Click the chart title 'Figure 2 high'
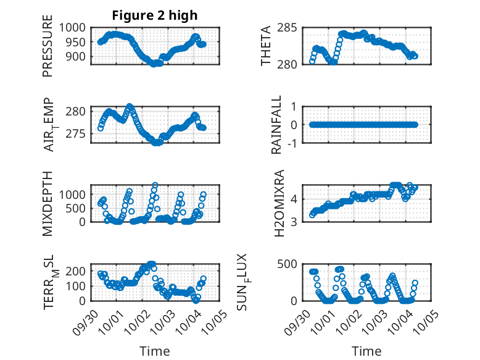pyautogui.click(x=155, y=15)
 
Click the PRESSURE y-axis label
pyautogui.click(x=48, y=50)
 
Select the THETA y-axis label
pyautogui.click(x=266, y=46)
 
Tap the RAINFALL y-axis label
pyautogui.click(x=278, y=125)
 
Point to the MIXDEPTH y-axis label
pyautogui.click(x=48, y=203)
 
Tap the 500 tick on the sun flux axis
pyautogui.click(x=292, y=264)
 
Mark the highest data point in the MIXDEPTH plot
pyautogui.click(x=155, y=185)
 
